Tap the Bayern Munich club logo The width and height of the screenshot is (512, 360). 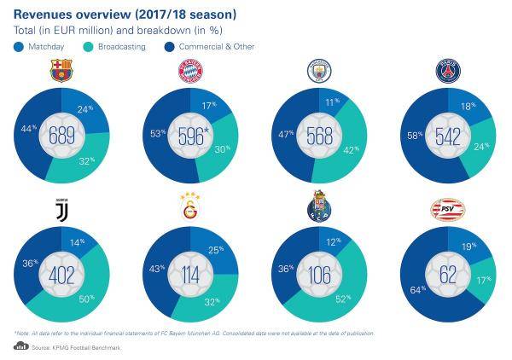[x=189, y=72]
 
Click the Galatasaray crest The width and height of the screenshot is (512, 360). [x=189, y=206]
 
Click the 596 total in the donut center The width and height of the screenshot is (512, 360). [x=189, y=136]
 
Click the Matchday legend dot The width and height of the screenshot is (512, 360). [x=19, y=46]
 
